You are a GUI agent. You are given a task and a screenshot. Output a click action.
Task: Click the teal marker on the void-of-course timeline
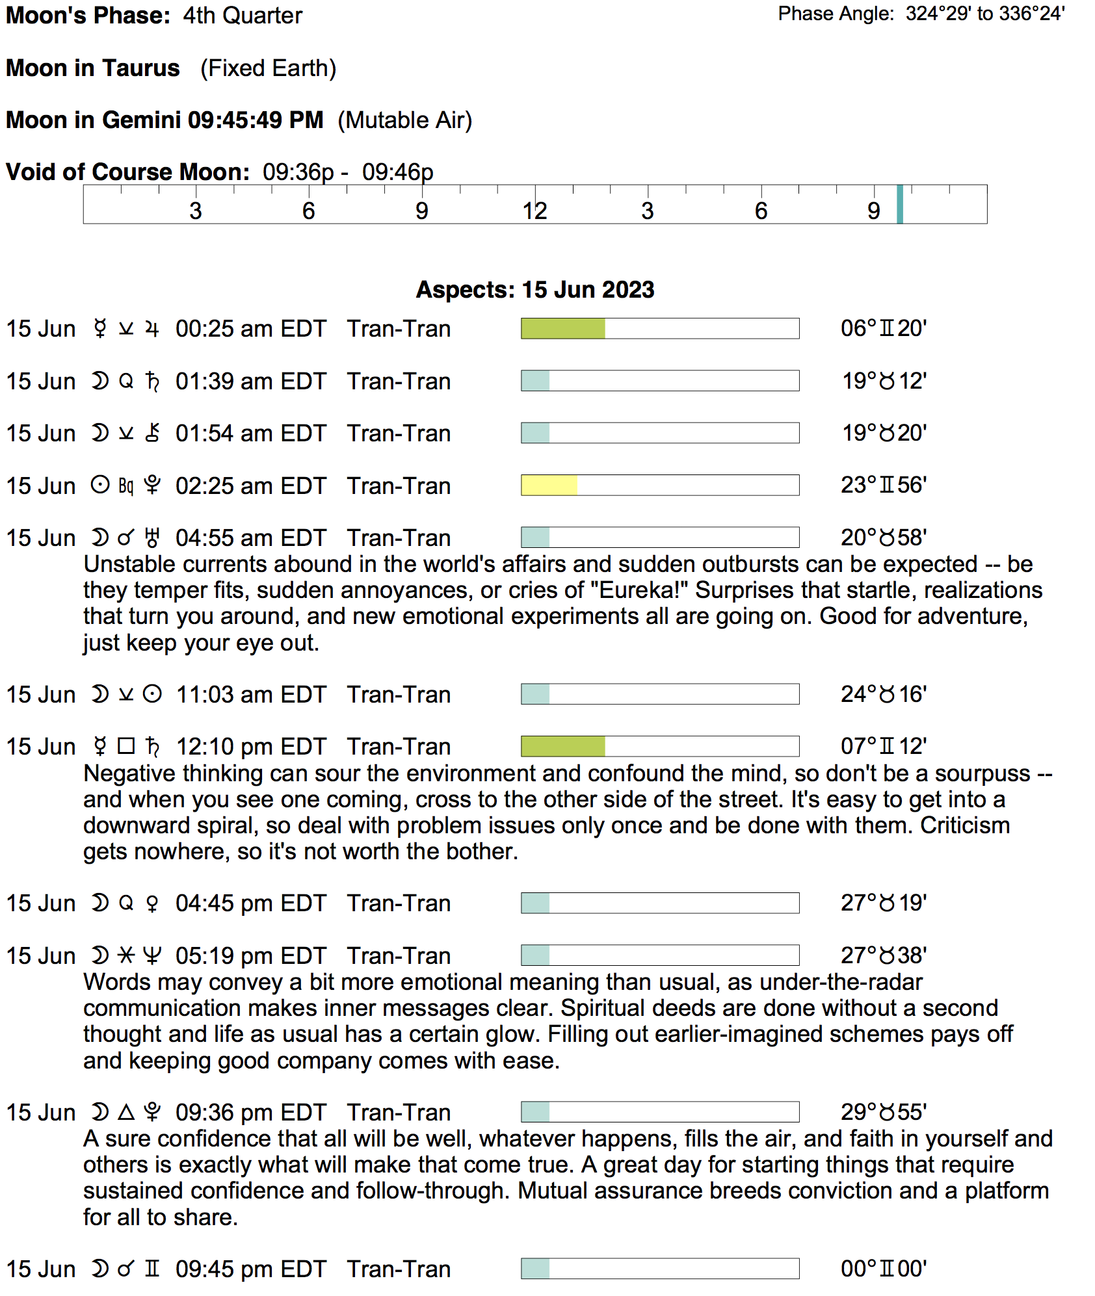click(900, 204)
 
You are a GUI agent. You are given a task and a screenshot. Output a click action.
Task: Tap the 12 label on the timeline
click(534, 211)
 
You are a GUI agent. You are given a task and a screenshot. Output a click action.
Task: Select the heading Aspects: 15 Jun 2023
click(534, 290)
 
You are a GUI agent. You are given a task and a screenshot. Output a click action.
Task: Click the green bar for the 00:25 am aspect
click(563, 329)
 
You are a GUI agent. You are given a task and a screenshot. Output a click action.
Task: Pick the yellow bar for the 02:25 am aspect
click(549, 486)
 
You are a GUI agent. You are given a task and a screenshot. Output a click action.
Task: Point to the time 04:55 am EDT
click(250, 538)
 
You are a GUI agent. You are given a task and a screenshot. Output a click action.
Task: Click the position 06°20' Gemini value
click(883, 329)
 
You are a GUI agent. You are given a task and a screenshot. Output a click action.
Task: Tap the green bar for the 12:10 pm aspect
click(563, 747)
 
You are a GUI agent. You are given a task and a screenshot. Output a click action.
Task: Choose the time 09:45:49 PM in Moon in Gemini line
click(256, 120)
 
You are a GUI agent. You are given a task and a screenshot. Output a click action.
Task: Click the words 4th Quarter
click(242, 16)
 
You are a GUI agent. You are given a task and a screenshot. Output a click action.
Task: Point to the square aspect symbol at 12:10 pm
click(126, 746)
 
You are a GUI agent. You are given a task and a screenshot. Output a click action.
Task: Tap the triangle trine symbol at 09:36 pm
click(126, 1112)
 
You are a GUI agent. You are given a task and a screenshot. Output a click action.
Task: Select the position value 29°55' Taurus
click(883, 1112)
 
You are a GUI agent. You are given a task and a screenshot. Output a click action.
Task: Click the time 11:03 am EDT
click(250, 695)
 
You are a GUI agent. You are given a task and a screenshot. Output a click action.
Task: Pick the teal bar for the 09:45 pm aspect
click(536, 1269)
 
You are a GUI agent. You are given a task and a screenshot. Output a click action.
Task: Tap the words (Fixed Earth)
click(268, 68)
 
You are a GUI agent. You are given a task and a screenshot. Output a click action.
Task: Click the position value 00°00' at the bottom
click(883, 1269)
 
